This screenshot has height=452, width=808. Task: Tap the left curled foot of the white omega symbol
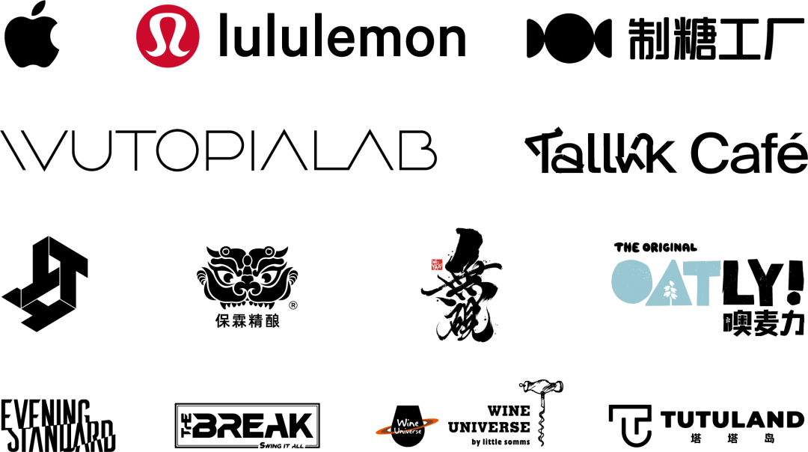coord(152,52)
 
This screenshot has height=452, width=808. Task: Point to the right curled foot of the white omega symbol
coord(184,52)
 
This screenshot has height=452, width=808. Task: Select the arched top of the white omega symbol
coord(168,20)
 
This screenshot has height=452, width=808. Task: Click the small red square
coord(436,264)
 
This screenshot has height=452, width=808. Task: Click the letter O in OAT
coord(631,281)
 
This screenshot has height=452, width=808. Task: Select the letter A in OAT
coord(668,284)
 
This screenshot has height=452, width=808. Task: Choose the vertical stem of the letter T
coord(703,292)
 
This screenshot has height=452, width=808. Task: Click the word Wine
coord(408,424)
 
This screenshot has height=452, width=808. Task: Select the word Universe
coord(408,431)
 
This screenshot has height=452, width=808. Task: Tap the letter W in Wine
coord(400,424)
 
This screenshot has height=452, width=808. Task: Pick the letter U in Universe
coord(397,431)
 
